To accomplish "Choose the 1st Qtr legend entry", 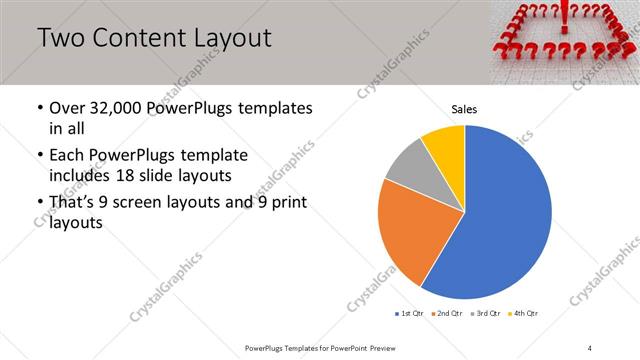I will pyautogui.click(x=411, y=314).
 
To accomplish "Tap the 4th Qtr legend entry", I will pyautogui.click(x=525, y=314).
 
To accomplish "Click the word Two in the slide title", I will pyautogui.click(x=60, y=39).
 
